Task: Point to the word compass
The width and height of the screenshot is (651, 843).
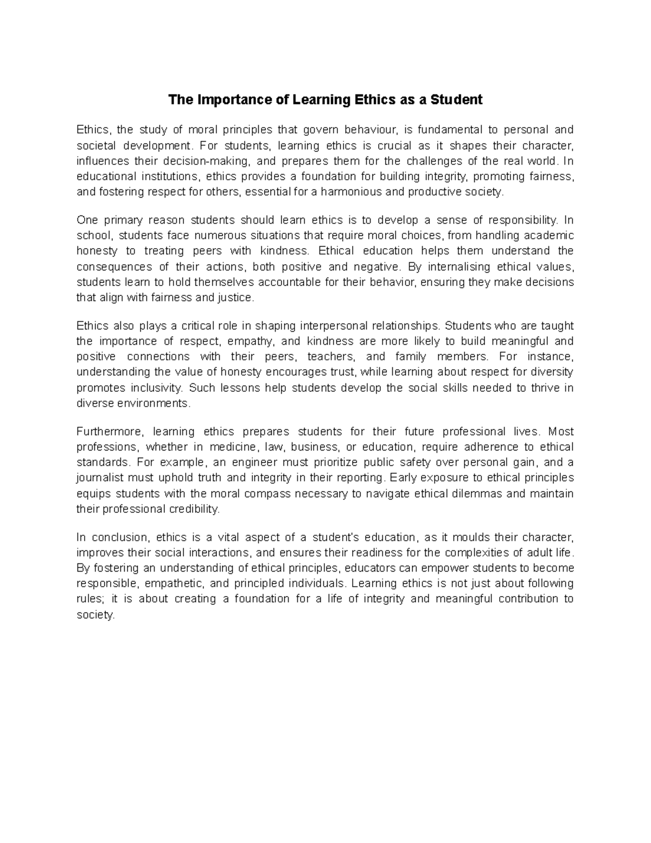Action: [x=267, y=494]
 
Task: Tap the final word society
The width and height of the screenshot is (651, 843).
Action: [x=95, y=615]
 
